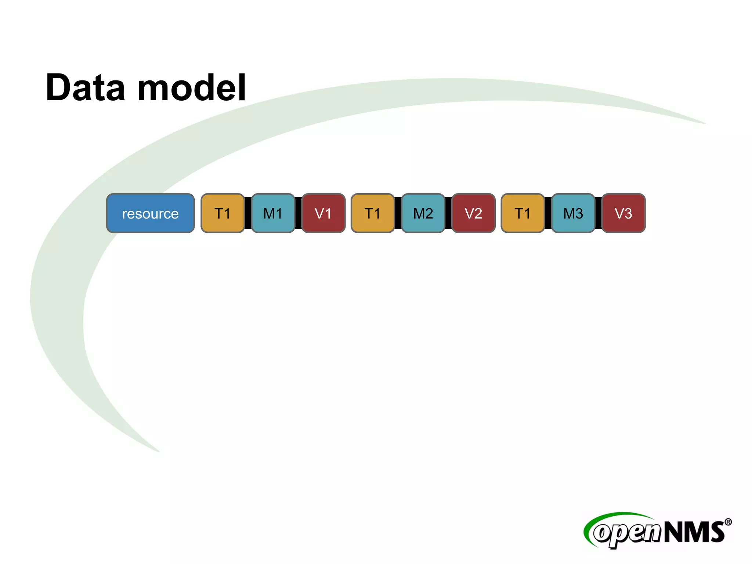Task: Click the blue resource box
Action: (x=150, y=213)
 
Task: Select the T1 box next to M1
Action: (x=223, y=213)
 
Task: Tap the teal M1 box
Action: (x=273, y=213)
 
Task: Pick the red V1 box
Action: (x=323, y=213)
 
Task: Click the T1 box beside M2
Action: (x=373, y=213)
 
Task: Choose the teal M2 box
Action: (x=423, y=213)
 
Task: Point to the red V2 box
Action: (x=473, y=213)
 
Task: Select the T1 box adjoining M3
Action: (x=523, y=213)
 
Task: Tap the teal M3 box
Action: (x=573, y=213)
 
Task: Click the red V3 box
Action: (x=623, y=213)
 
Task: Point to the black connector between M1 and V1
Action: (x=298, y=213)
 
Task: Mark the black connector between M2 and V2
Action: (x=448, y=213)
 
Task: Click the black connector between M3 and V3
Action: (x=599, y=213)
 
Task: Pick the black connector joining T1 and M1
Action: (x=248, y=213)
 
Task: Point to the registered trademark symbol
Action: (x=728, y=522)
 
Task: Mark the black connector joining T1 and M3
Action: (x=548, y=213)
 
